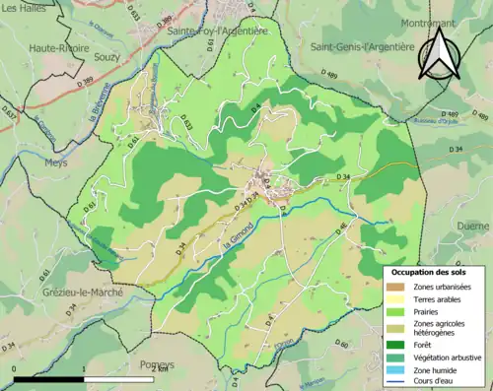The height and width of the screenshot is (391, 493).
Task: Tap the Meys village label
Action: coord(56,163)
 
